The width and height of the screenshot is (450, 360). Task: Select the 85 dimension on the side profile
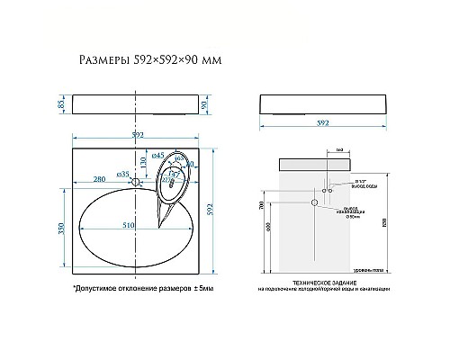point(60,106)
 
